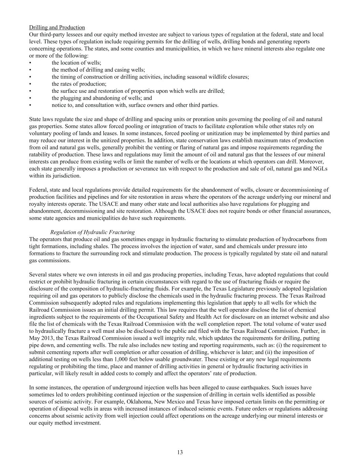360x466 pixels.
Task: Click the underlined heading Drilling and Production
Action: coord(57,27)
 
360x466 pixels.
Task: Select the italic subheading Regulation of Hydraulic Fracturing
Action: coord(92,232)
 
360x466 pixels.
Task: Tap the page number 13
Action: coord(180,452)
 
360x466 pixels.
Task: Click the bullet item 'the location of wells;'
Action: coord(76,63)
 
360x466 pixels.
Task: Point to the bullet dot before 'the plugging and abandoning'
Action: coord(30,98)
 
